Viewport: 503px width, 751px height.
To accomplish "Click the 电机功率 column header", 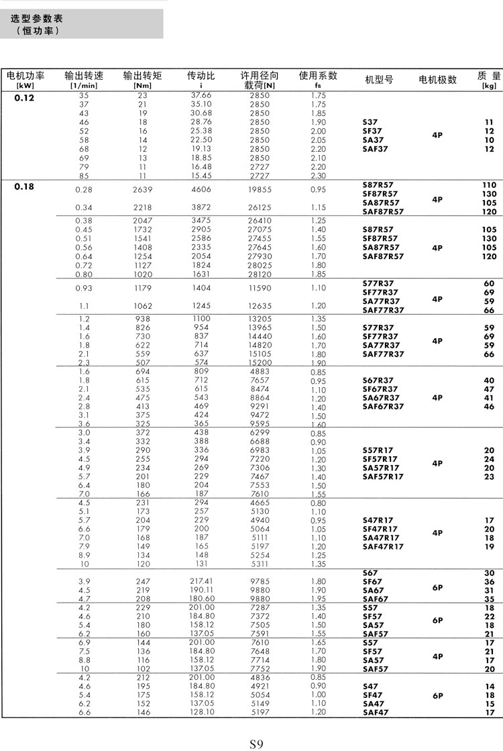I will coord(25,77).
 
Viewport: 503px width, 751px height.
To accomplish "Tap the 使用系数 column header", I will coord(318,76).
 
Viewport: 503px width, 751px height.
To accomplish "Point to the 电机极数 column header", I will coord(437,80).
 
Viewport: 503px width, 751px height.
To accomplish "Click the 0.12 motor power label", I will coord(24,97).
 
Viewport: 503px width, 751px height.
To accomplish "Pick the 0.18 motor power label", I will coord(24,187).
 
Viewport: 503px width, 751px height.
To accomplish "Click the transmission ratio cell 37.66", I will coord(201,96).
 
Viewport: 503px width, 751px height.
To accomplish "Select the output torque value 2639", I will coord(143,190).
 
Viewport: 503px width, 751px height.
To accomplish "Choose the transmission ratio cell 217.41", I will coord(201,581).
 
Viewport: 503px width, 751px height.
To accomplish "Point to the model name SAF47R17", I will coord(383,546).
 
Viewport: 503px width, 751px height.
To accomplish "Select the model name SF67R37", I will coord(380,389).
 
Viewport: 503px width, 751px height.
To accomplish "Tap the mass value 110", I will coord(489,185).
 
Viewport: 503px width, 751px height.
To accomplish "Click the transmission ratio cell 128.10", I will coord(201,713).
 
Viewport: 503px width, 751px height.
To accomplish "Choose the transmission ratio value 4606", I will coord(201,190).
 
